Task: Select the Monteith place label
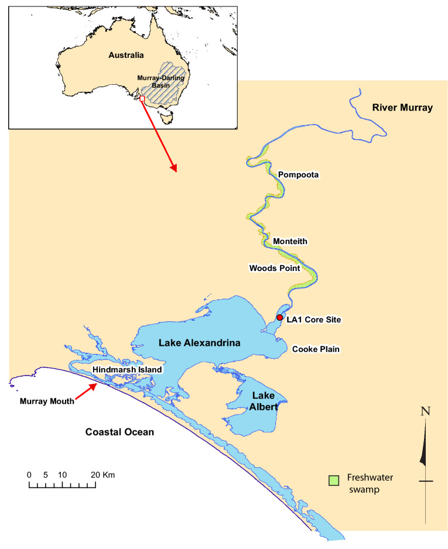tap(290, 241)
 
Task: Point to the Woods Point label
tap(274, 269)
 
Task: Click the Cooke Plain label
tap(316, 349)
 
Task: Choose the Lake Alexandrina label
tap(200, 343)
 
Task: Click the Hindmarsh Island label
tap(127, 370)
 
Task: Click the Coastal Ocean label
tap(119, 433)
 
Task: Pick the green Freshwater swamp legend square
tap(334, 480)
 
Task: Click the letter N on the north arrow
tap(426, 411)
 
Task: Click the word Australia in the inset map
tap(126, 55)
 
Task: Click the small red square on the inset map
tap(142, 98)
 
